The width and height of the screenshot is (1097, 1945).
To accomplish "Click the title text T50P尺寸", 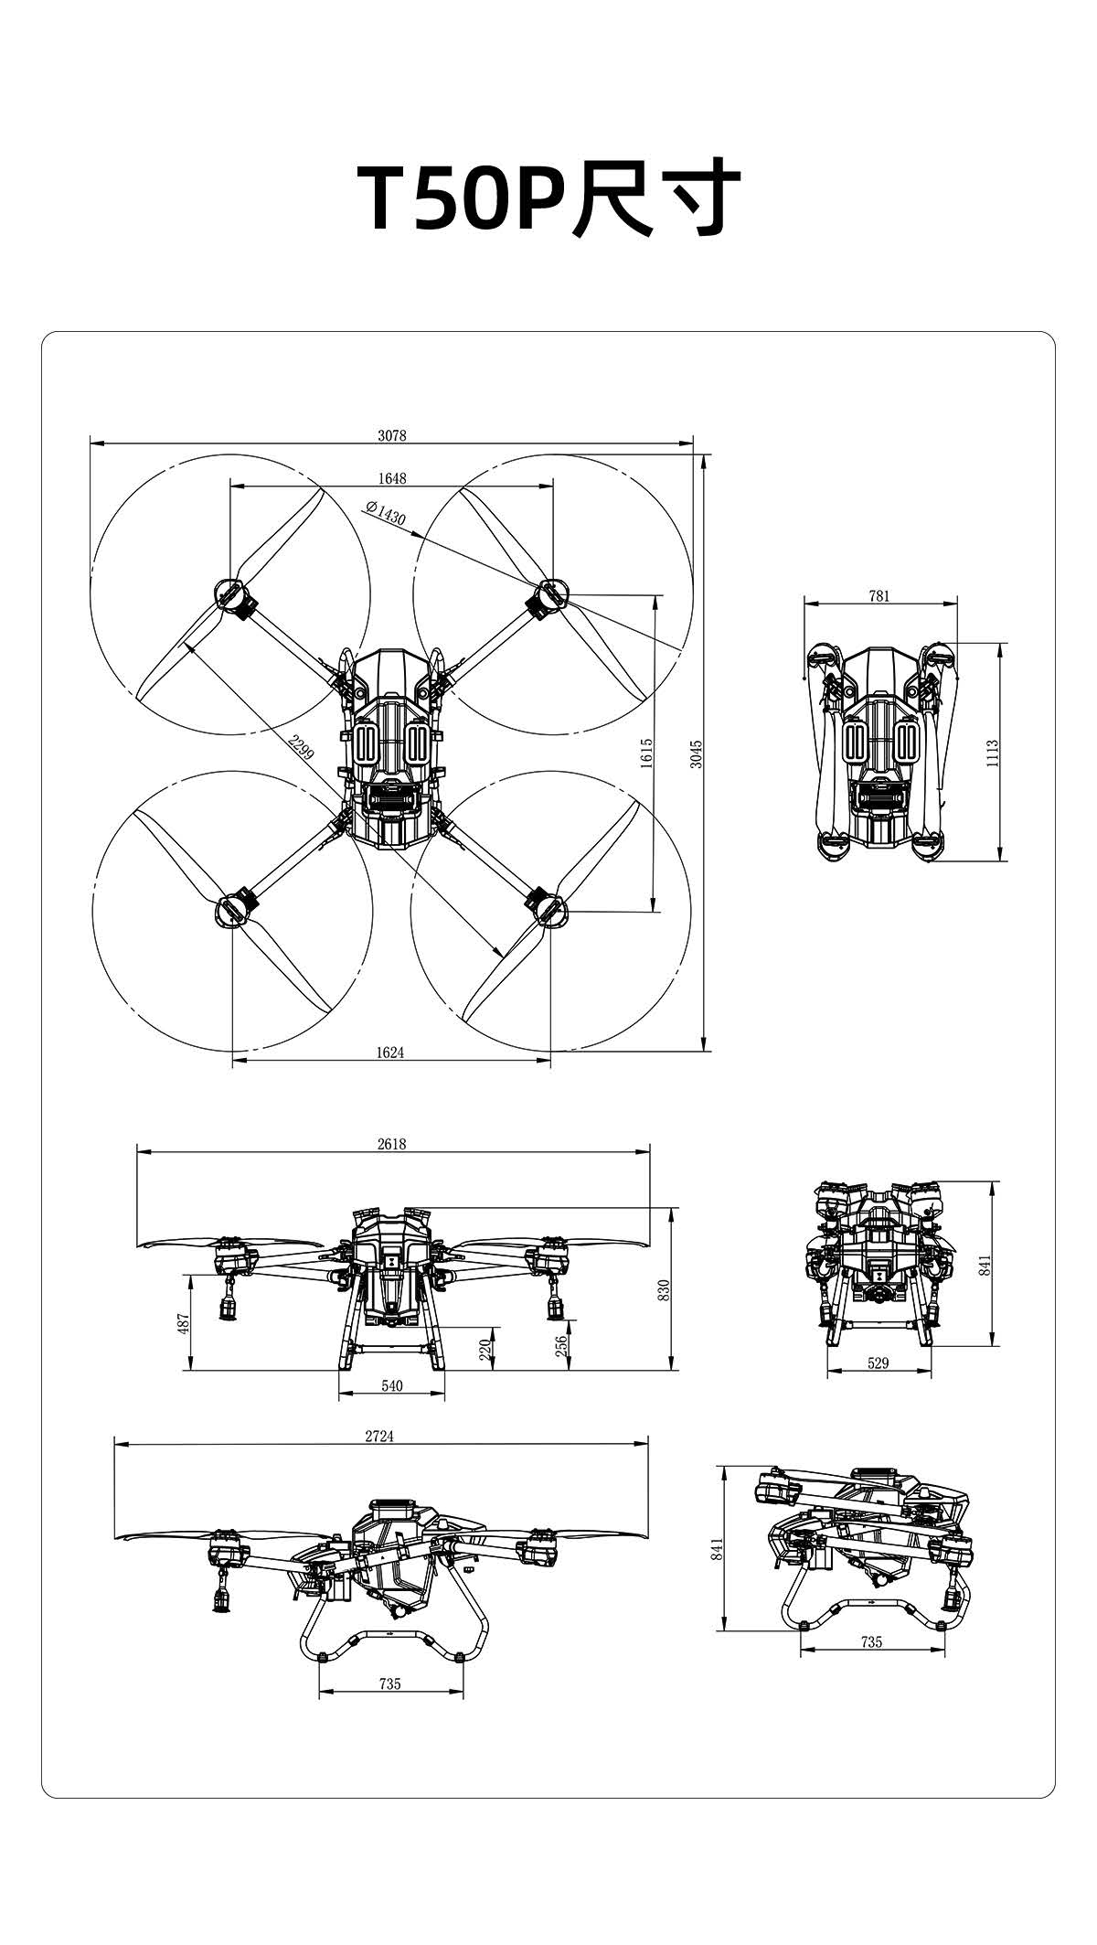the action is [548, 198].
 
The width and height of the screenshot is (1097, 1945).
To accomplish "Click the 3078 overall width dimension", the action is [392, 436].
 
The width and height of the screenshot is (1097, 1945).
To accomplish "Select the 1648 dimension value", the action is [392, 478].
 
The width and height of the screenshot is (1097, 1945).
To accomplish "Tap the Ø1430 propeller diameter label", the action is [385, 513].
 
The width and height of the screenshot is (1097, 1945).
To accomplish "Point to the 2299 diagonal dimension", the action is [301, 747].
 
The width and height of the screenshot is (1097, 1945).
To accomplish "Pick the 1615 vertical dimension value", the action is [646, 754].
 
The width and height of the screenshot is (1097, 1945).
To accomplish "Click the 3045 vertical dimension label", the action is [696, 754].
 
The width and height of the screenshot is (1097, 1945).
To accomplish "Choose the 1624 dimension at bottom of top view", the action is [390, 1053].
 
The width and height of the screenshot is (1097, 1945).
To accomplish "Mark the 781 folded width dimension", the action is [879, 596].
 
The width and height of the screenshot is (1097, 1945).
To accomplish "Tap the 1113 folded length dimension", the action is [993, 753].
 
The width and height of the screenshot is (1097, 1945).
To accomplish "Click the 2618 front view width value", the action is [391, 1144].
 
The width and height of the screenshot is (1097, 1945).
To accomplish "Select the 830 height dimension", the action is [665, 1289].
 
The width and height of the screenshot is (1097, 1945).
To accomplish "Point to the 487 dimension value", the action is [183, 1322].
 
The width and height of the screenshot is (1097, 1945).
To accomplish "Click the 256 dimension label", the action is [561, 1346].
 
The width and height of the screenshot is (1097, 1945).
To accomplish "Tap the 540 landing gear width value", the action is [391, 1385].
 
